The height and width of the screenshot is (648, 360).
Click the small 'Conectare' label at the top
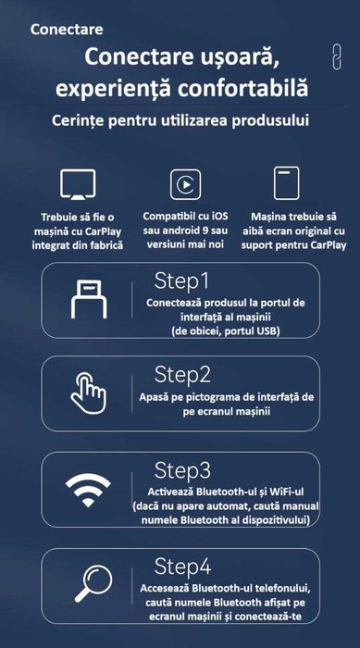pos(67,29)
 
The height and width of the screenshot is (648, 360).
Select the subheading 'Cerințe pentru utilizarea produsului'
pos(180,121)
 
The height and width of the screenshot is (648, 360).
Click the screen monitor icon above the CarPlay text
pos(78,183)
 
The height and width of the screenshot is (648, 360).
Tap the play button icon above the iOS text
pos(185,183)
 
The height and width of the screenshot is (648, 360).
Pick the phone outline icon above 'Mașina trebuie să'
pos(287,183)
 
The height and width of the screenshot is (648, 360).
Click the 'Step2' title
pos(182,374)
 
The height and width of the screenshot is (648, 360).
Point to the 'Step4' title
pos(182,565)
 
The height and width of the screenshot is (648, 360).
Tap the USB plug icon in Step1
pos(90,300)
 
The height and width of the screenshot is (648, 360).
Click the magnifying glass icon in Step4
pos(90,583)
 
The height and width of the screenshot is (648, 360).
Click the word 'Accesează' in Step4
pos(177,587)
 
